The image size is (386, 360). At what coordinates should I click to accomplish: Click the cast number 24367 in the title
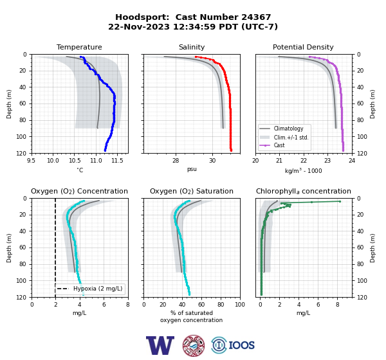[x=256, y=17]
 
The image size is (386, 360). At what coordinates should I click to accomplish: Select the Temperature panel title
[x=79, y=47]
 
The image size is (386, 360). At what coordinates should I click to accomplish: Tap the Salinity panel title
[x=192, y=47]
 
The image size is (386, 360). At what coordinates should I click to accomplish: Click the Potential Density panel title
[x=303, y=47]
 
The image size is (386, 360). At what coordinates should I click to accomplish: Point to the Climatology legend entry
[x=288, y=129]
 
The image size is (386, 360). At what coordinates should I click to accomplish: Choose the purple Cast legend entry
[x=279, y=145]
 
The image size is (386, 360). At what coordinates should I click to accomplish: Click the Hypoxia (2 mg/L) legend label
[x=98, y=289]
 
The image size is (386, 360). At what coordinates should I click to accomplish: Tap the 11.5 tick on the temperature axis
[x=117, y=161]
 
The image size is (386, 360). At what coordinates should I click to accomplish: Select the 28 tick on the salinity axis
[x=176, y=161]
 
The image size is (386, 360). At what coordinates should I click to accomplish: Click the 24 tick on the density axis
[x=352, y=161]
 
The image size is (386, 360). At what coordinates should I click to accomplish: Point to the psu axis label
[x=192, y=169]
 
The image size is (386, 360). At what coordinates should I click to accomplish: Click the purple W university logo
[x=160, y=345]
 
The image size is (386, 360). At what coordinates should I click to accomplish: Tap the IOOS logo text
[x=241, y=345]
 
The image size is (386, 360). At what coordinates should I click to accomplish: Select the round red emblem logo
[x=194, y=345]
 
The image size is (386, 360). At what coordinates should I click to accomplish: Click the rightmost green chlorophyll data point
[x=340, y=201]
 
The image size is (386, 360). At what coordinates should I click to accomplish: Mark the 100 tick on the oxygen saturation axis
[x=240, y=305]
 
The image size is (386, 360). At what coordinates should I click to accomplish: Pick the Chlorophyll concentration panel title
[x=303, y=191]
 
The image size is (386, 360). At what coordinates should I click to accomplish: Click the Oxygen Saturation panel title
[x=192, y=191]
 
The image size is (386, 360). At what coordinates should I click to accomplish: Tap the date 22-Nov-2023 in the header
[x=139, y=26]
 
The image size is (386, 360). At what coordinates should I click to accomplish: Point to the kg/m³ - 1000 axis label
[x=303, y=170]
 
